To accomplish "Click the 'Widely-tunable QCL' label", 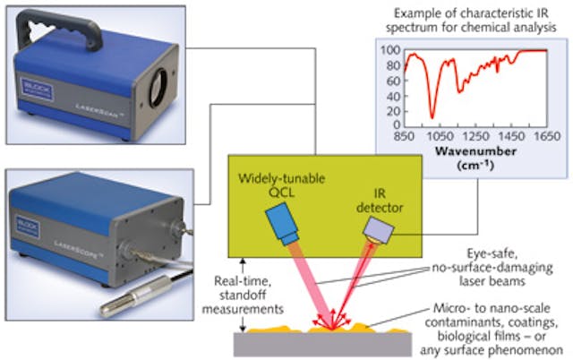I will click(281, 184).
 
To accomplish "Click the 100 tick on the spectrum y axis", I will click(390, 50).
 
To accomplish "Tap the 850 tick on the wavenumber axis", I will click(405, 137).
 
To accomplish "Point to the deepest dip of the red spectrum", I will click(432, 116).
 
